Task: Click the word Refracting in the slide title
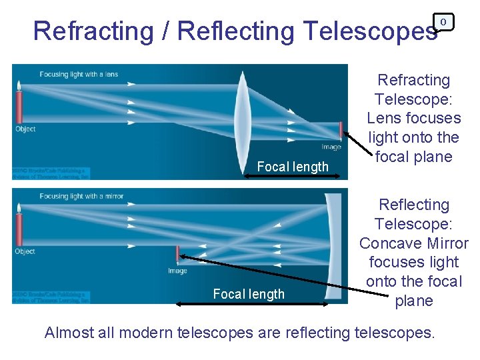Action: (x=93, y=31)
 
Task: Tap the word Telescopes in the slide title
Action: (x=370, y=31)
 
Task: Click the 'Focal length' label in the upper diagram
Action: (x=293, y=167)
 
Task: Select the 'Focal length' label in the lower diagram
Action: (x=249, y=294)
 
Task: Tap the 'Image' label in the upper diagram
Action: (x=331, y=147)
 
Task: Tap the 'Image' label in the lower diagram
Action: (x=177, y=271)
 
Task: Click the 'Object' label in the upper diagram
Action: (x=25, y=129)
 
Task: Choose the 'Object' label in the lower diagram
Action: (x=25, y=252)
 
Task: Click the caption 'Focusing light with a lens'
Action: (x=79, y=74)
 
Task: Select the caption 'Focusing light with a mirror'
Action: (x=81, y=197)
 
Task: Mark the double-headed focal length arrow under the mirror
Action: (x=252, y=304)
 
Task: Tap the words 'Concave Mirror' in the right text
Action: (x=414, y=243)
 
